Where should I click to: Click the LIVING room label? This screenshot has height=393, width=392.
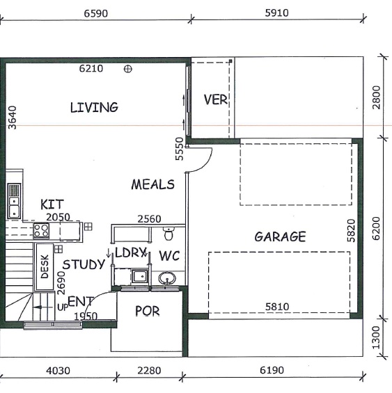click(94, 107)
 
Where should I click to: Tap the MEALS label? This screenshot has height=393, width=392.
click(153, 184)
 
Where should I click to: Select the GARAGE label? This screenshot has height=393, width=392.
click(280, 236)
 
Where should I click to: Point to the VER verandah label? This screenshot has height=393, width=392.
click(216, 99)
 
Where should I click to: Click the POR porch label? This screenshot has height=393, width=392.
click(148, 311)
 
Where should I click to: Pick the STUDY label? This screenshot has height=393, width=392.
click(84, 264)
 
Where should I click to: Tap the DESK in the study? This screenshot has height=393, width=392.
click(45, 266)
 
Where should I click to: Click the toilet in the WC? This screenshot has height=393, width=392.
click(169, 233)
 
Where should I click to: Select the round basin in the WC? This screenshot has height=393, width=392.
click(167, 278)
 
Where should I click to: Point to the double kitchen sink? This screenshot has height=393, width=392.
click(14, 201)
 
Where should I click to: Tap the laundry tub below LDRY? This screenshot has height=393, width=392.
click(140, 276)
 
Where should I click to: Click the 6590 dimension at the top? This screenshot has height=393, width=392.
click(96, 13)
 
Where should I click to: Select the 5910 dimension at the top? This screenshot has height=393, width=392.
click(277, 13)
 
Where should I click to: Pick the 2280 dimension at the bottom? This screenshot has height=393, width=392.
click(149, 371)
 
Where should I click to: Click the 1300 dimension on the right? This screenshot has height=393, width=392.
click(376, 337)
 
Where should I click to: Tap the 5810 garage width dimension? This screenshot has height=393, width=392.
click(277, 307)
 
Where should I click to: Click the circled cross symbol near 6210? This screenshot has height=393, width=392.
click(128, 69)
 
